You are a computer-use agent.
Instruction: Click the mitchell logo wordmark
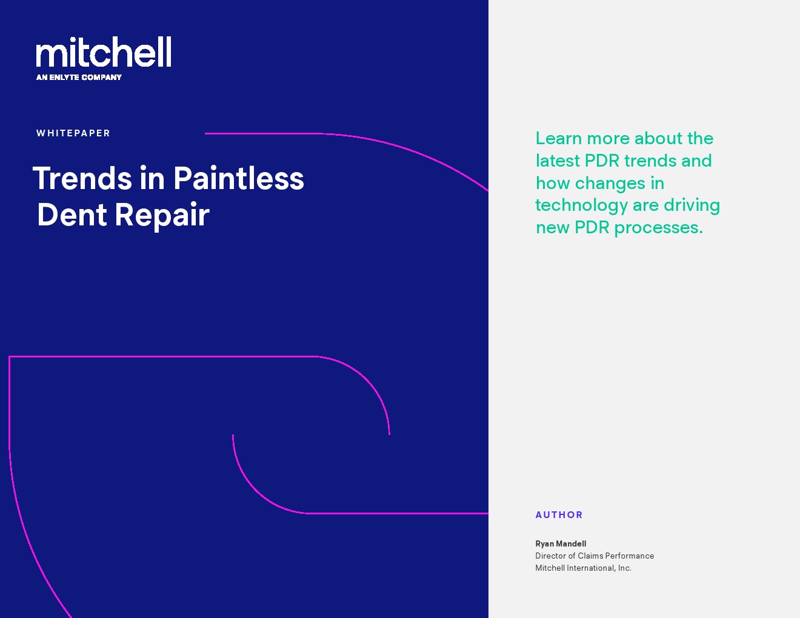point(104,51)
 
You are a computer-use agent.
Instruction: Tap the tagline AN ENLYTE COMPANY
point(79,78)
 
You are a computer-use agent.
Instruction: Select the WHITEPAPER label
point(73,133)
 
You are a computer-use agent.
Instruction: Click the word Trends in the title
point(82,178)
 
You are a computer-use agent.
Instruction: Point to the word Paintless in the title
point(239,178)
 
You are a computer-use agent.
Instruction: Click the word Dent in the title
point(72,214)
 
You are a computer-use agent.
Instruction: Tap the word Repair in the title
point(162,216)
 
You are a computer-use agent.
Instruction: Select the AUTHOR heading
point(559,514)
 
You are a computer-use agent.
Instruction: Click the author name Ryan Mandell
point(561,543)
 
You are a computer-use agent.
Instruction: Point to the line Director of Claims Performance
point(595,556)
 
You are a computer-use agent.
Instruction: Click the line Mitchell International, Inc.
point(583,568)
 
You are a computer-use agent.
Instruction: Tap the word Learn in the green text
point(559,138)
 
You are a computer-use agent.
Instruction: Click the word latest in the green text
point(558,161)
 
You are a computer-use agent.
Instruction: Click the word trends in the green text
point(650,161)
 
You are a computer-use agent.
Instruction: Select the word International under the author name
point(591,568)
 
